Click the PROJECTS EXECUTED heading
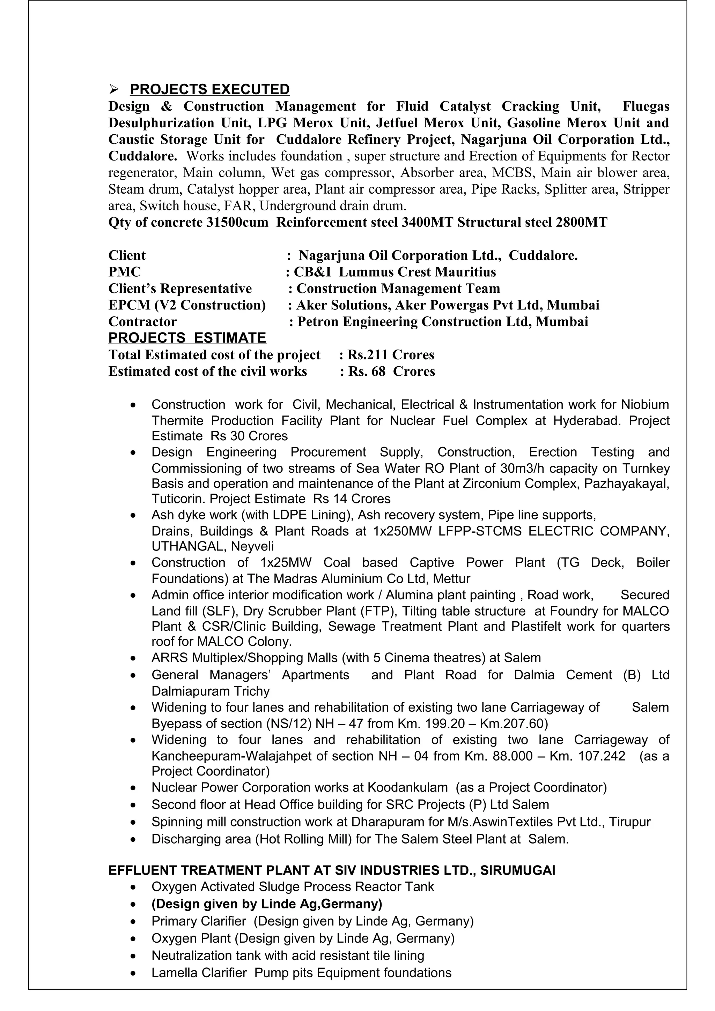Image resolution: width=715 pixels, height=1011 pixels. coord(210,89)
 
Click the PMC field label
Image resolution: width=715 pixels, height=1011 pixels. coord(124,272)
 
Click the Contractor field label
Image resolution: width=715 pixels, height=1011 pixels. coord(142,322)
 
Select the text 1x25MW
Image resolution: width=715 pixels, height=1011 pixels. coord(286,563)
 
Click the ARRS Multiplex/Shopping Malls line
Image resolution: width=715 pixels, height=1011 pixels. coord(346,658)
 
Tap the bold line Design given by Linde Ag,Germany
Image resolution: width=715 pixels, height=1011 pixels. coord(266,904)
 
